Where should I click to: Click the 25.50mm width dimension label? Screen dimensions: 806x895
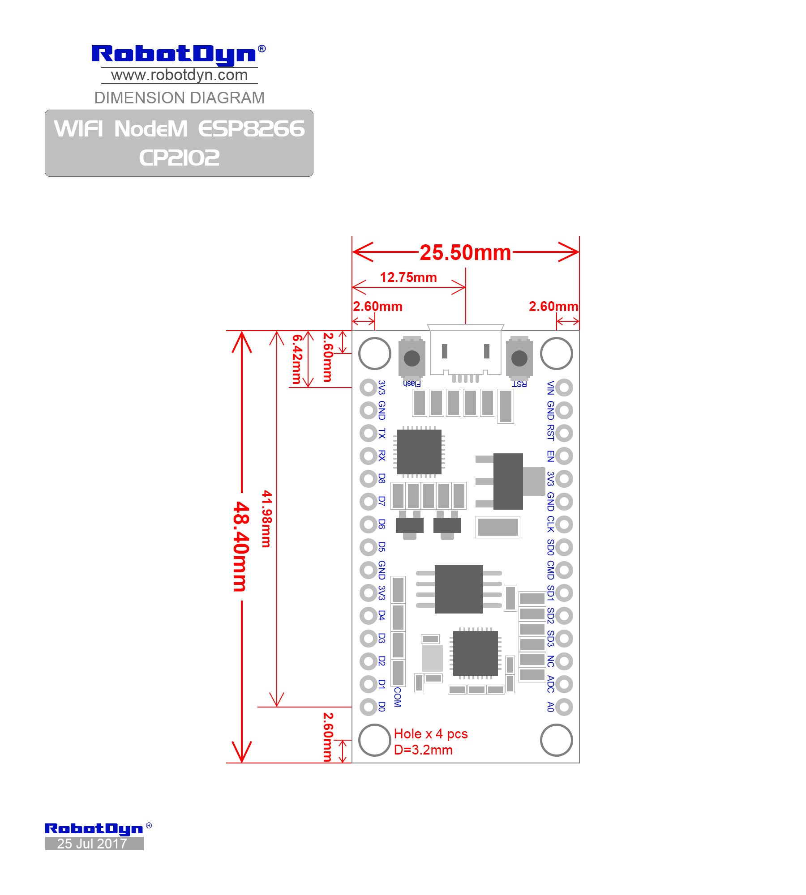(465, 253)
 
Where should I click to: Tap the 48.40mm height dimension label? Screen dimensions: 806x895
(241, 546)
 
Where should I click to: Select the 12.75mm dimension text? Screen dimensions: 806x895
(408, 277)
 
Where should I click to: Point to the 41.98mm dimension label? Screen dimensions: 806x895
(267, 519)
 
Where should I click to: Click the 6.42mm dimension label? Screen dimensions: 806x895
(297, 359)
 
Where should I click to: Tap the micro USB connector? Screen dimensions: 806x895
(466, 351)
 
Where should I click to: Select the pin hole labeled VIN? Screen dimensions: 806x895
(564, 388)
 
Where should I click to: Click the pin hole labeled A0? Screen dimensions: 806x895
(564, 707)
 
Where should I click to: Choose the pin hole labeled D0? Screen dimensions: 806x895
(369, 707)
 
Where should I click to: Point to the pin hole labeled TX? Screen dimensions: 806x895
(369, 433)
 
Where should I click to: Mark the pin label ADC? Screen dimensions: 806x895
(551, 684)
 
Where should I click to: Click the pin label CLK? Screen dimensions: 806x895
(551, 524)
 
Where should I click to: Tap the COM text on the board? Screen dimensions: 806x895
(398, 697)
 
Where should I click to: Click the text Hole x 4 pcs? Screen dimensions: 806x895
(431, 734)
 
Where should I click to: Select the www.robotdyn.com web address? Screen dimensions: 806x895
(180, 75)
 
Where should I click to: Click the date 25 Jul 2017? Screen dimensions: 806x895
(92, 844)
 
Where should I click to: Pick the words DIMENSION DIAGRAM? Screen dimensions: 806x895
(180, 98)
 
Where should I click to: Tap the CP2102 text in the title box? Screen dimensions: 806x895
(179, 158)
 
